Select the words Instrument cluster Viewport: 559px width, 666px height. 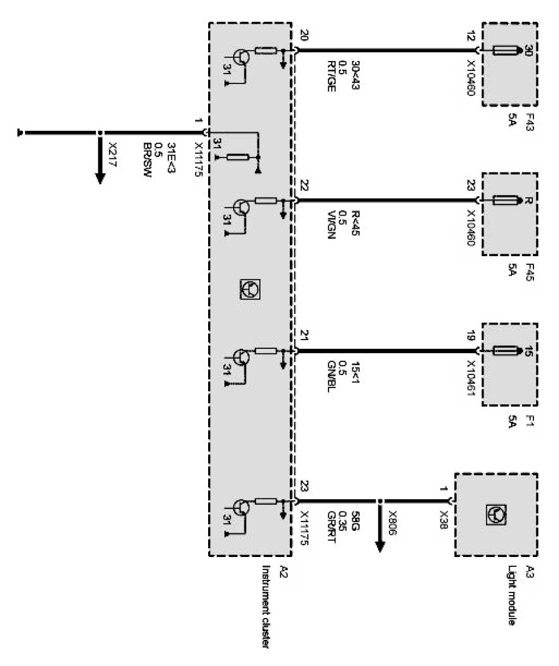point(267,608)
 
